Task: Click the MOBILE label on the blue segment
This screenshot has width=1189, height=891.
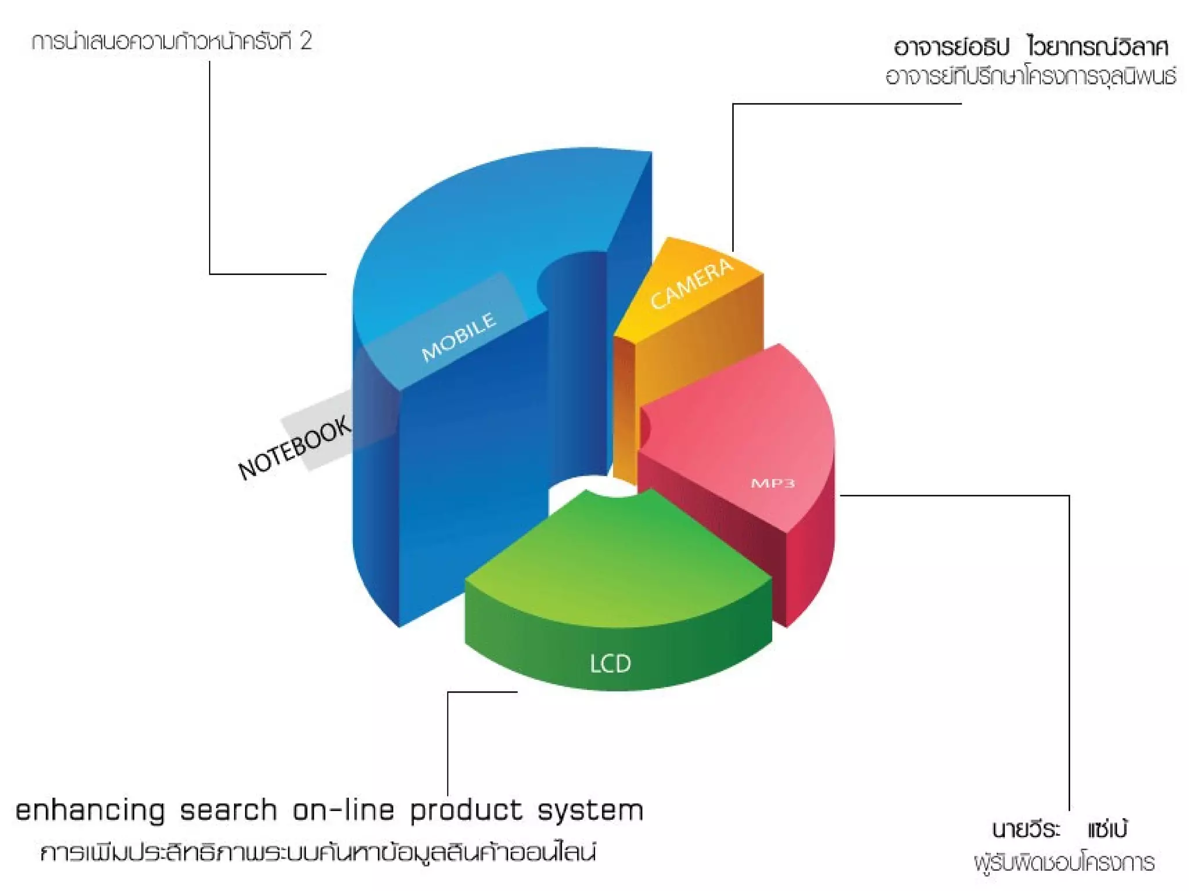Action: point(459,336)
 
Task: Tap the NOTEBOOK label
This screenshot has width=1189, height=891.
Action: point(295,447)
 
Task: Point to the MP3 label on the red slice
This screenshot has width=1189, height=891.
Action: point(773,483)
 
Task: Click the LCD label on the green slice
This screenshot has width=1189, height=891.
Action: point(610,664)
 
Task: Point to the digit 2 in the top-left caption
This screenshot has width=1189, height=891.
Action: point(306,41)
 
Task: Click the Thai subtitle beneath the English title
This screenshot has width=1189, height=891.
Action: point(318,852)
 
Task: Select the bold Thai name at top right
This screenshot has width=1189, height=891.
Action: point(1031,47)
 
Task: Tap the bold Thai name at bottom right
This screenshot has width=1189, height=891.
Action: point(1060,830)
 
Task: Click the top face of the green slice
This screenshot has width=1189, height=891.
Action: point(615,563)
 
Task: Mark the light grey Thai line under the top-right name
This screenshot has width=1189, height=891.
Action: point(1031,76)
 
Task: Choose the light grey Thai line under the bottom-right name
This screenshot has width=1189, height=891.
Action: point(1064,863)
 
